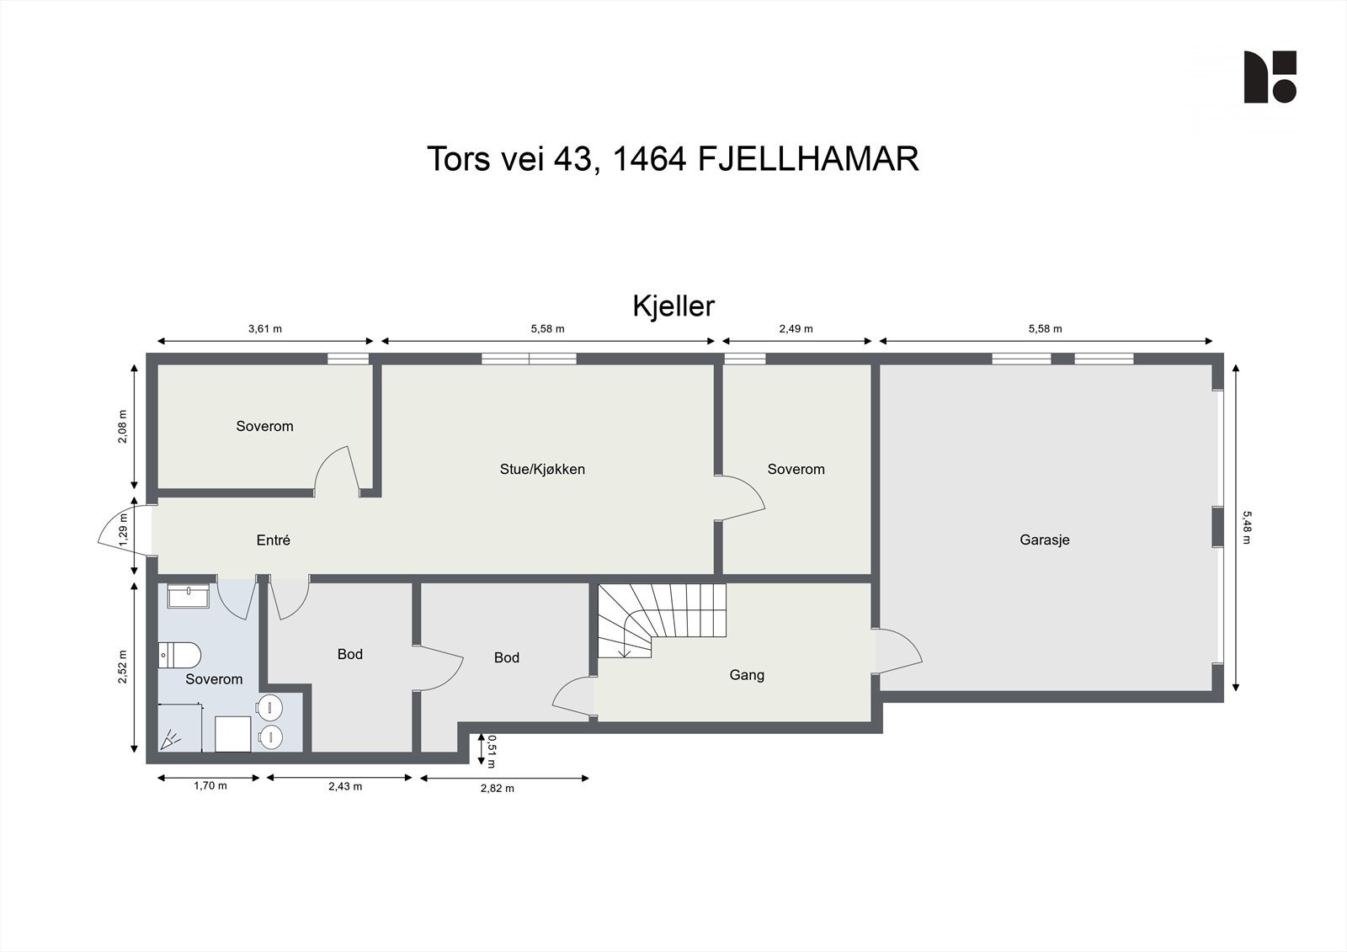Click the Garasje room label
point(1044,540)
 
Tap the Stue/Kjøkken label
point(542,470)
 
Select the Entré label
point(273,540)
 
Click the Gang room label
point(747,675)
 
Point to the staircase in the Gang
point(661,621)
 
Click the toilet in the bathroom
point(179,654)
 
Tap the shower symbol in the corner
point(172,739)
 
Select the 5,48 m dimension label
point(1247,526)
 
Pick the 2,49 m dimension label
point(796,329)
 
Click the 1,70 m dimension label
point(210,786)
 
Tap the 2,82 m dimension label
point(497,789)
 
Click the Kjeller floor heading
point(673,306)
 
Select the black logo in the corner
point(1270,77)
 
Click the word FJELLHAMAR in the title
point(808,159)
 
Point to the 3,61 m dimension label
point(264,329)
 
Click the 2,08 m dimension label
point(123,427)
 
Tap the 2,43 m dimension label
point(345,786)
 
